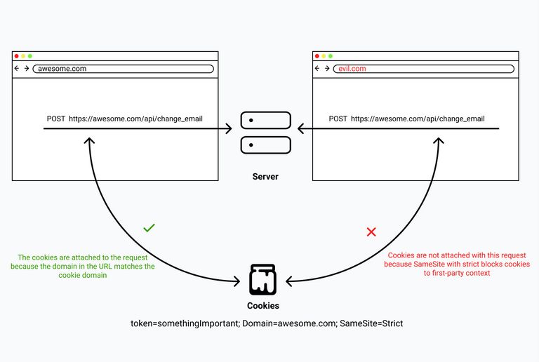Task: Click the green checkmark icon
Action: coord(149,228)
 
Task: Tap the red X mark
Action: coord(371,232)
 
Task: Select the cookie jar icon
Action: coord(263,279)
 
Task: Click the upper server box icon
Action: coord(265,121)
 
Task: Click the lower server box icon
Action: coord(265,145)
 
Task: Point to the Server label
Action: coord(265,177)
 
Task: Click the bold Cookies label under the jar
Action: coord(263,306)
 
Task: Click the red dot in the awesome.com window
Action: coord(16,55)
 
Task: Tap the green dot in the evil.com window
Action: coord(331,55)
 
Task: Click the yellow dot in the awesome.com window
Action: coord(23,55)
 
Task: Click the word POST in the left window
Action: coord(56,119)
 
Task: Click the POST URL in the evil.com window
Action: coord(418,119)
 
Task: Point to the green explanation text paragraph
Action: coord(82,266)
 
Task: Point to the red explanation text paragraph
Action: coord(457,264)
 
